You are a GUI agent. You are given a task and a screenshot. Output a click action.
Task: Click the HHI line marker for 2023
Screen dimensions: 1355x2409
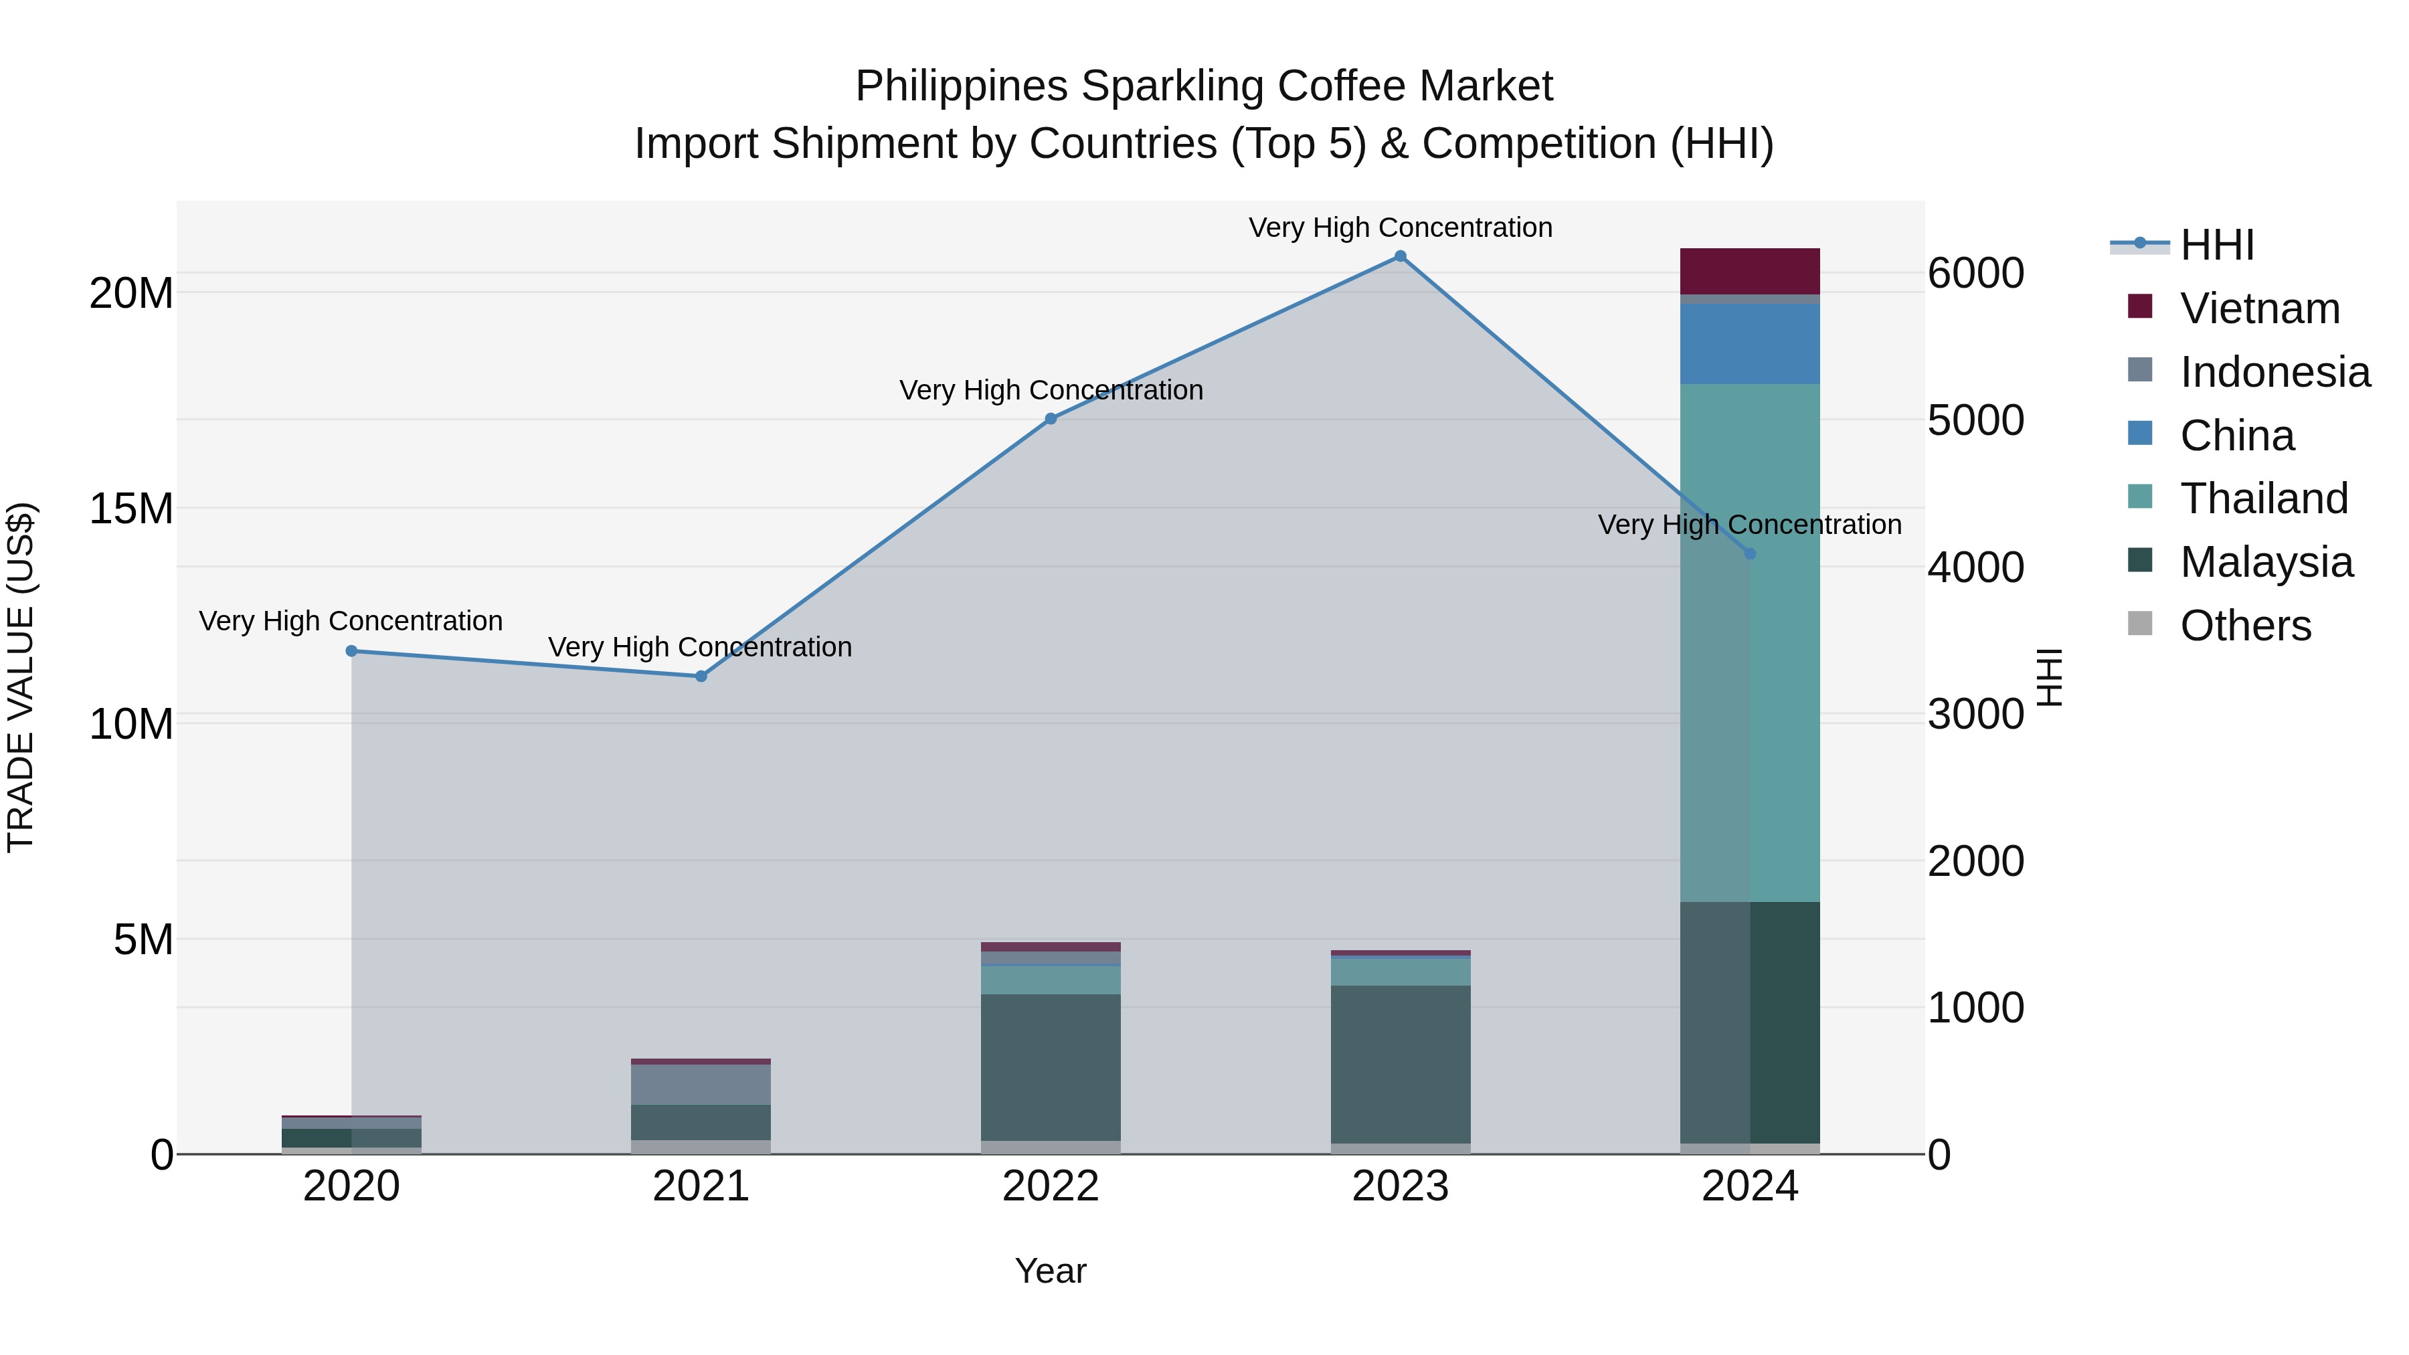(x=1400, y=256)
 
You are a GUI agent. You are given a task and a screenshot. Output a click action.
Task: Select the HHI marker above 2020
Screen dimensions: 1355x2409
(x=351, y=651)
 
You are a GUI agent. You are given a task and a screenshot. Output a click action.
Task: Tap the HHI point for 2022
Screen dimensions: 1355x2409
(x=1050, y=419)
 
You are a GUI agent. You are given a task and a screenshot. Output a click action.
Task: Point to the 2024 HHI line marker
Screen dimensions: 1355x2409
(x=1751, y=553)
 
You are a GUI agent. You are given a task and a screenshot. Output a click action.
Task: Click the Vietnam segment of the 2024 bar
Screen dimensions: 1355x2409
(x=1750, y=271)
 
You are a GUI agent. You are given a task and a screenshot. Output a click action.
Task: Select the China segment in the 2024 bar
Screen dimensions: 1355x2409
(x=1750, y=343)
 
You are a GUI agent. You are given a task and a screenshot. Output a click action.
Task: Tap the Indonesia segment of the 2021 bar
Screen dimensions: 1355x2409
(x=701, y=1085)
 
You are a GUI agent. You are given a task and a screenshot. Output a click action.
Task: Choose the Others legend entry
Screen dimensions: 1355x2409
(x=2245, y=626)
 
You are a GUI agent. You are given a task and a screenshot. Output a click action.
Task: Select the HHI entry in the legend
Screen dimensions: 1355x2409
(x=2216, y=245)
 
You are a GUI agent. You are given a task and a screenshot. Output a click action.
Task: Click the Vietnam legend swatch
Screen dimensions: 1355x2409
(x=2140, y=306)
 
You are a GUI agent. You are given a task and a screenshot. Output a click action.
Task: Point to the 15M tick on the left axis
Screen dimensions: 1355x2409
(x=131, y=510)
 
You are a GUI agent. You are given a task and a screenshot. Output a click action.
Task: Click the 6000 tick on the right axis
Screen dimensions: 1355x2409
(x=1975, y=274)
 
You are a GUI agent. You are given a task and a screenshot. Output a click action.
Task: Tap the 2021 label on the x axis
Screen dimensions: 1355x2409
(x=701, y=1186)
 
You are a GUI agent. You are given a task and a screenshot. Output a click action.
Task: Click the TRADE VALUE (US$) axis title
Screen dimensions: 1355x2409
(x=21, y=677)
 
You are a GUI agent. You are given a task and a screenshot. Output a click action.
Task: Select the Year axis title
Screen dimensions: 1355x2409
(x=1050, y=1271)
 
